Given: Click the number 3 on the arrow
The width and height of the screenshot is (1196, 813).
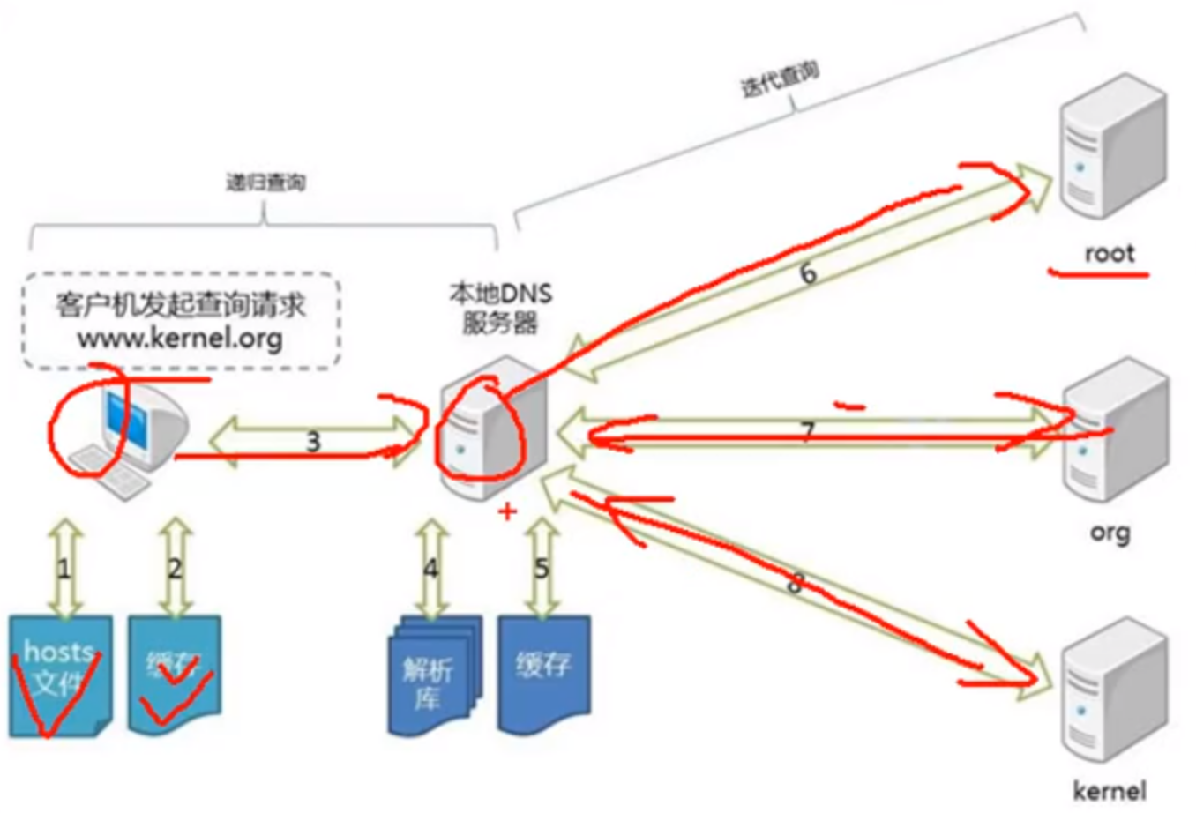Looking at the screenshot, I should pos(312,441).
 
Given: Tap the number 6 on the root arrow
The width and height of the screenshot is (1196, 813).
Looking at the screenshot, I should pos(808,274).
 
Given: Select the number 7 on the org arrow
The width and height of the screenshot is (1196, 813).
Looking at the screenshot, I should pos(807,431).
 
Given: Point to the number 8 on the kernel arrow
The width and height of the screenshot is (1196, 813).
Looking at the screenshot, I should pos(795,583).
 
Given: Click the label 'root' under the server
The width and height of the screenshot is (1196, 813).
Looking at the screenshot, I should pos(1109,254).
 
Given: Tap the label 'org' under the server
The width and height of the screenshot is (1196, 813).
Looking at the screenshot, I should pos(1110,533).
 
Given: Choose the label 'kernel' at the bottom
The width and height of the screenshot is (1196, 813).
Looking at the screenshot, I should pos(1110,790).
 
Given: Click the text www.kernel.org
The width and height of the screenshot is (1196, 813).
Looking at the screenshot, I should pos(180,339).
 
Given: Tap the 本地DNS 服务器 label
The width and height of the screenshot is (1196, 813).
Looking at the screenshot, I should pos(500,309).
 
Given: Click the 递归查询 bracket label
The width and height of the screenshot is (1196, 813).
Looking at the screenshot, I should pos(265,183).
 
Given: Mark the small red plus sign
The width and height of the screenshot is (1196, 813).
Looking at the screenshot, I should pos(507,511).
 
